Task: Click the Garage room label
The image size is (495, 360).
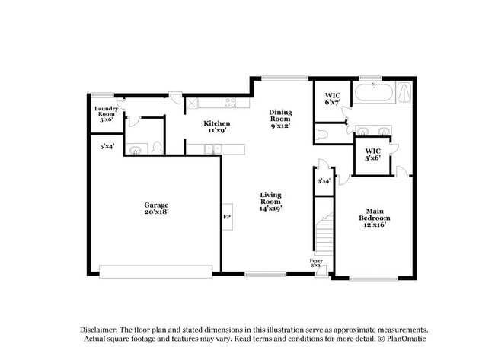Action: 156,208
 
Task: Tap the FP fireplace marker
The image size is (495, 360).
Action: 226,217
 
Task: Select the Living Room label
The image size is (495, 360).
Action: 270,201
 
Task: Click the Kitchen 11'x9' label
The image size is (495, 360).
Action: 216,126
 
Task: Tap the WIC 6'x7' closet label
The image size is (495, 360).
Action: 332,99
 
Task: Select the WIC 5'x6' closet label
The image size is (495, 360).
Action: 372,155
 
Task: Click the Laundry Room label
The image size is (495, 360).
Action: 105,114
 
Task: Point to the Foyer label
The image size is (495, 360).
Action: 316,263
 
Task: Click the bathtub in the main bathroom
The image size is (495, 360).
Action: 373,95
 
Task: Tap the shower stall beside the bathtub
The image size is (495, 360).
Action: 405,94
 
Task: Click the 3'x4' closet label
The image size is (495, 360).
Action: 323,181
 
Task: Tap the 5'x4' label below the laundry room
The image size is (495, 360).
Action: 107,145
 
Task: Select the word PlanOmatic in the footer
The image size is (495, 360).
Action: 397,338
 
